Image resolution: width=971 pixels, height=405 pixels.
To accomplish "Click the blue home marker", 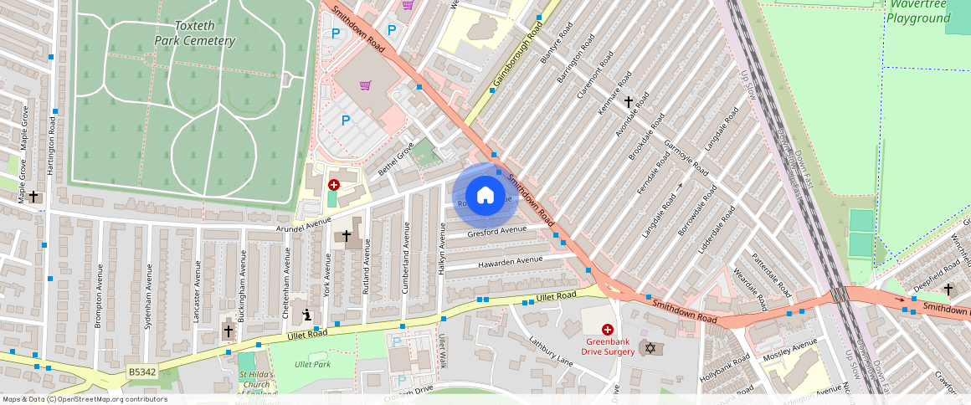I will [x=485, y=196].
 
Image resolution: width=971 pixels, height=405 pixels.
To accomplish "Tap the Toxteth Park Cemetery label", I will [x=194, y=33].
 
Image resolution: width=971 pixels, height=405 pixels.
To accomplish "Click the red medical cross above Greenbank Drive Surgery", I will [x=608, y=331].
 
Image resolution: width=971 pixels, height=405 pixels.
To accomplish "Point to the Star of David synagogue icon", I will [x=649, y=346].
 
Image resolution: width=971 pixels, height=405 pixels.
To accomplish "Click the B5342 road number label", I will [x=142, y=372].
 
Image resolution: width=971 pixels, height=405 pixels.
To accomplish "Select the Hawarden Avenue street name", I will [x=511, y=262].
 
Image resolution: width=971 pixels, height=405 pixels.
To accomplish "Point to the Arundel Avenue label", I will [x=305, y=226].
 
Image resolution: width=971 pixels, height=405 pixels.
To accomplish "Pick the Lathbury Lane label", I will [x=549, y=351].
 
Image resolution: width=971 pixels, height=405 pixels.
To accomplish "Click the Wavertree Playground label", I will [x=919, y=12].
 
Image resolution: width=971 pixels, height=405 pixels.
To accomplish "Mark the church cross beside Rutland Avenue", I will [x=346, y=237].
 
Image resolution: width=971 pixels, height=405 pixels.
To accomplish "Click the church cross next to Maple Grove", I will [x=33, y=197].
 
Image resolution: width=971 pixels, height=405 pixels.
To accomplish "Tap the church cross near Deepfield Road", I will [x=948, y=290].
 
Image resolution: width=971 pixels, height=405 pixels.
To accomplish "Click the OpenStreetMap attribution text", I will [x=84, y=399].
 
